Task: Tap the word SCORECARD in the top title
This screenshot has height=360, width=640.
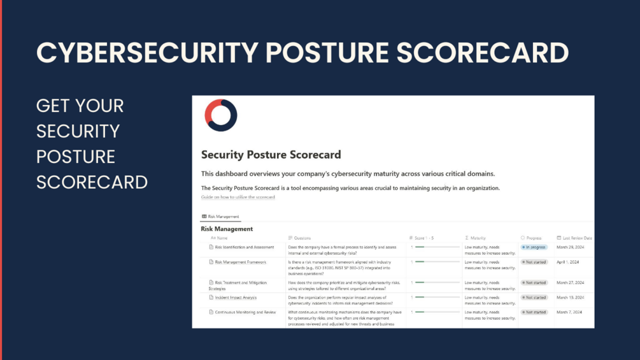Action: pyautogui.click(x=482, y=52)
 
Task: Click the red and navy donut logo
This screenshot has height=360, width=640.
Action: pyautogui.click(x=220, y=115)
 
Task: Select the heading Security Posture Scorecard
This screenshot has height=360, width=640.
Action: pyautogui.click(x=271, y=155)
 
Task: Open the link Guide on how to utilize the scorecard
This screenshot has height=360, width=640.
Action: pyautogui.click(x=238, y=198)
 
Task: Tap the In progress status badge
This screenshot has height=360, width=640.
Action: pyautogui.click(x=534, y=247)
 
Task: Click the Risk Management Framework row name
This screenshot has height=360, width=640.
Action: pyautogui.click(x=240, y=262)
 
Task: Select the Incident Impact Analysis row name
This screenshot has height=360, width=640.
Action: pyautogui.click(x=236, y=298)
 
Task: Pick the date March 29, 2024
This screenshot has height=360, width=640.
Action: pyautogui.click(x=571, y=247)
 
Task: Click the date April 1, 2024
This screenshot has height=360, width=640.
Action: pyautogui.click(x=569, y=262)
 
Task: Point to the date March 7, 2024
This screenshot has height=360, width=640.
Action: pyautogui.click(x=569, y=312)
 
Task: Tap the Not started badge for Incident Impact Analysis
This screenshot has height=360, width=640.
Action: pyautogui.click(x=534, y=298)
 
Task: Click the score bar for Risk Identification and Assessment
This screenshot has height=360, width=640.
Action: pyautogui.click(x=436, y=247)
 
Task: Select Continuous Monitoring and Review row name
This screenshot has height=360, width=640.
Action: pyautogui.click(x=246, y=312)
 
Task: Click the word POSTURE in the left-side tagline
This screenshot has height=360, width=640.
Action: pyautogui.click(x=76, y=157)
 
